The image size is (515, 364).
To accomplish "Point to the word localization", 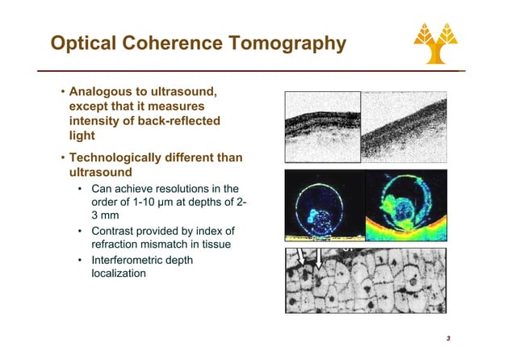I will point(119,274).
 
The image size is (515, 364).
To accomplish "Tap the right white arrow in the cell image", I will point(320,259).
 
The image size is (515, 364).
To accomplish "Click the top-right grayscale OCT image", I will point(401,126).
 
